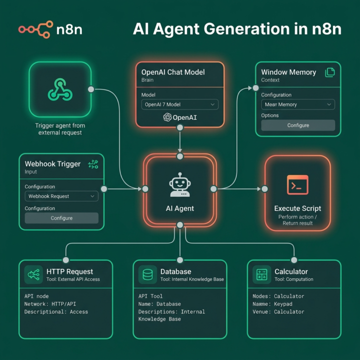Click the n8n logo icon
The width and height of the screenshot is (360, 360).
[x=36, y=29]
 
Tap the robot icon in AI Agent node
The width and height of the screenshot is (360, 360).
[x=180, y=185]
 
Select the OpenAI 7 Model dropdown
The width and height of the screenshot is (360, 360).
[x=180, y=104]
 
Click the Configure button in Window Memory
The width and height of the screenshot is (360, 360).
[x=298, y=125]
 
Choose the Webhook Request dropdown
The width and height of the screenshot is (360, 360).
[x=61, y=196]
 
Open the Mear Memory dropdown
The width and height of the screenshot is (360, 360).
[x=298, y=104]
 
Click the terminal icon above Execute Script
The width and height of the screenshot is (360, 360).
[x=297, y=185]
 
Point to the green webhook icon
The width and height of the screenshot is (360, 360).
[x=60, y=89]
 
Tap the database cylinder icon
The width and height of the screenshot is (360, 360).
[x=147, y=274]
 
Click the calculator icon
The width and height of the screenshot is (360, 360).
[x=261, y=274]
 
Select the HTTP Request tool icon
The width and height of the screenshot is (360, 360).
[x=33, y=274]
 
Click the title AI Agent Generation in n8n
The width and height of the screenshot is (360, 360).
[x=237, y=29]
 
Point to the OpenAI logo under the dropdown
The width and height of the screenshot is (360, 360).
[x=180, y=117]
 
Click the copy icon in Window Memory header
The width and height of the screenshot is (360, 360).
[x=330, y=72]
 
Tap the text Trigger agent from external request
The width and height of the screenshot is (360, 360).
[x=60, y=129]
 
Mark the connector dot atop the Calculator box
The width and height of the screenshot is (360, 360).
[x=294, y=260]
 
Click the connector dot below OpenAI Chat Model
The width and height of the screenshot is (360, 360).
[x=180, y=127]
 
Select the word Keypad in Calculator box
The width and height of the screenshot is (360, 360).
[x=283, y=304]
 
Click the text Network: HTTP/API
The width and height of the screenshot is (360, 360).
[x=50, y=304]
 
